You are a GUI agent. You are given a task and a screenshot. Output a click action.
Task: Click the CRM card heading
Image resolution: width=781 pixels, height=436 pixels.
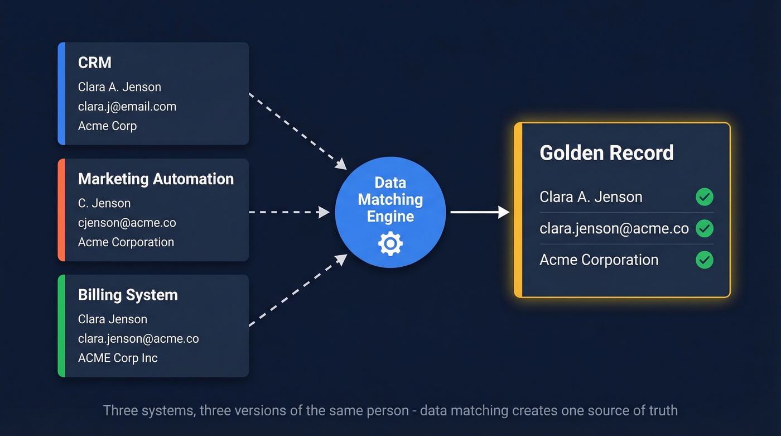95,63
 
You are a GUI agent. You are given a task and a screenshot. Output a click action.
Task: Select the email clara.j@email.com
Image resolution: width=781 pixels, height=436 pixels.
127,106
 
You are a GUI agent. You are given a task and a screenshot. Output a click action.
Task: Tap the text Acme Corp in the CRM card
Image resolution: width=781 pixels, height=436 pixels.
107,126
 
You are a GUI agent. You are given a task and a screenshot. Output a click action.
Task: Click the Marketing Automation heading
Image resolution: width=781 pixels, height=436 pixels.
156,179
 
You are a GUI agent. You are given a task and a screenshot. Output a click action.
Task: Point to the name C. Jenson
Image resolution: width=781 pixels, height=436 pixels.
104,203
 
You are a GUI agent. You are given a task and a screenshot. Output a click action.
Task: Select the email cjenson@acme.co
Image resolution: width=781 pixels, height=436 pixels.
127,223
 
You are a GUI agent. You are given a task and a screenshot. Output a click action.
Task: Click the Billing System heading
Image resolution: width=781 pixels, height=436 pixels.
128,295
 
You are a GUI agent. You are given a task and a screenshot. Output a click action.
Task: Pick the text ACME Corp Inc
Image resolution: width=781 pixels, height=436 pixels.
118,358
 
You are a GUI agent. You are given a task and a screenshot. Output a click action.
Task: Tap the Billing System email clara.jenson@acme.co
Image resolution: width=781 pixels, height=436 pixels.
138,338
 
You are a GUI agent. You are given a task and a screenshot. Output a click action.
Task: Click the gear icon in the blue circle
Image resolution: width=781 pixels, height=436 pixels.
390,244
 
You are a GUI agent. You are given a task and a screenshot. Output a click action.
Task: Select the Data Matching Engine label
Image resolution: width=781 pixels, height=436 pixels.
390,200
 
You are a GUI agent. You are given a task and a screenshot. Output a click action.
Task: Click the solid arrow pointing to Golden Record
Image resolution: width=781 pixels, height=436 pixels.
479,212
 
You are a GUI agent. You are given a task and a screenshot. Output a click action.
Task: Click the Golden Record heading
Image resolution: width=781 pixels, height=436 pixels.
606,153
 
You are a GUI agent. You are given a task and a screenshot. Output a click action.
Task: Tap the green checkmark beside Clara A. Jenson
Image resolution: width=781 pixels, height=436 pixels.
704,197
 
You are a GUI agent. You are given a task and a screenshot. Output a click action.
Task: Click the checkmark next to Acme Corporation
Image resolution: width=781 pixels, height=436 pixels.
704,260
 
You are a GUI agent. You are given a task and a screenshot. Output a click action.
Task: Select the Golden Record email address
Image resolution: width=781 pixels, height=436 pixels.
614,228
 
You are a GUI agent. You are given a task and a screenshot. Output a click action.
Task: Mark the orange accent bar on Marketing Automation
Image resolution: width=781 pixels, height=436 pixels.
61,210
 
